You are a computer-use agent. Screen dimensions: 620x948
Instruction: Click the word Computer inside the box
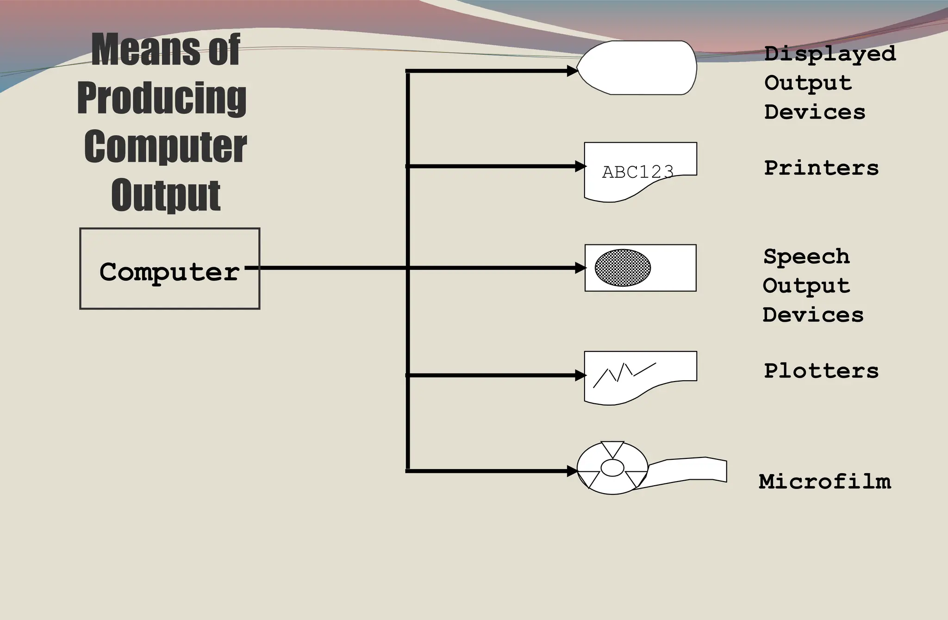169,271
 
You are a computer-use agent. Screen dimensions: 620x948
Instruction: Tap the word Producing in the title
162,98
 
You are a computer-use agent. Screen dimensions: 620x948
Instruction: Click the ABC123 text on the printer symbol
637,172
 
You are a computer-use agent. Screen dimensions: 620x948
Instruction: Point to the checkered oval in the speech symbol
623,268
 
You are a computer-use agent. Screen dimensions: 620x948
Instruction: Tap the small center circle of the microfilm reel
612,468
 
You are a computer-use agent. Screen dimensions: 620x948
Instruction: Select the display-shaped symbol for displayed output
639,68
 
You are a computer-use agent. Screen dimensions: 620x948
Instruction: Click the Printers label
821,168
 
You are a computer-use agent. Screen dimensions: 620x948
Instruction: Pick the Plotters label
821,371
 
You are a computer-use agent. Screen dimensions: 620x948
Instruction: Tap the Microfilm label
824,482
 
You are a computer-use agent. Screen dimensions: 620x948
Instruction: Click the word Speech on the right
806,257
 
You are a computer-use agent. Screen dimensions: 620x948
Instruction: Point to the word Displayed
829,54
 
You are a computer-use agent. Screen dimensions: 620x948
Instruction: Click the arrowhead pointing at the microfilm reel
573,471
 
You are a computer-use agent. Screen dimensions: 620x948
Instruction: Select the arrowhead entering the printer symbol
580,166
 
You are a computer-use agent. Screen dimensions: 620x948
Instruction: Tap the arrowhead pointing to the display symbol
573,71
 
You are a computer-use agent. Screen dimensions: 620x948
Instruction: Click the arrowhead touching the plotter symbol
580,375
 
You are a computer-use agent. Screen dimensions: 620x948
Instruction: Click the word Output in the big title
166,195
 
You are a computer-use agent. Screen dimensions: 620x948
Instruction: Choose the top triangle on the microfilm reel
612,448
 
